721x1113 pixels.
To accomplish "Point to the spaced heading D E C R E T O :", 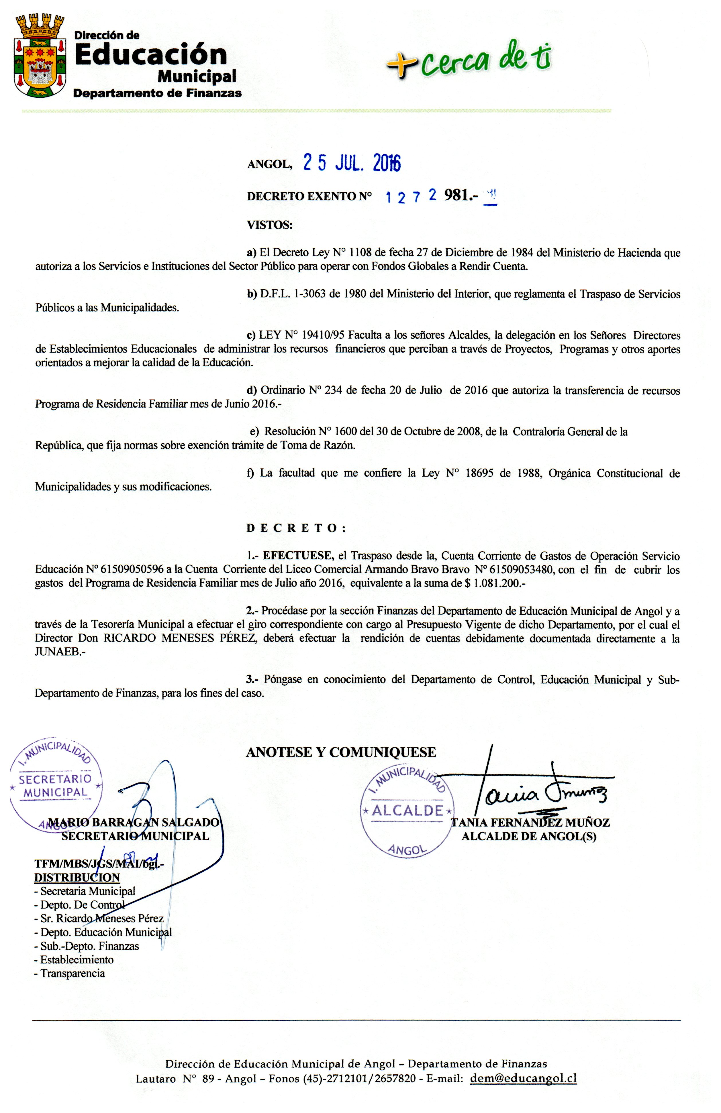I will [x=296, y=528].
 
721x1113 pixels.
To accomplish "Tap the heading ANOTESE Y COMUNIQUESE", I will [x=341, y=752].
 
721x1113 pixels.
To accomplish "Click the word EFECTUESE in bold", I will [x=297, y=556].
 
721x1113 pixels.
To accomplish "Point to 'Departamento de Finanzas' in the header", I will [x=157, y=93].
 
